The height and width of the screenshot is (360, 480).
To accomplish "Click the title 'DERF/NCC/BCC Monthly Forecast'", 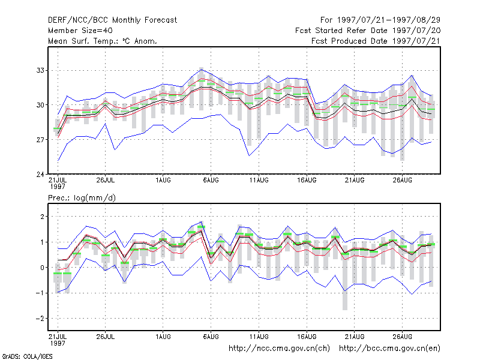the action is click(112, 20).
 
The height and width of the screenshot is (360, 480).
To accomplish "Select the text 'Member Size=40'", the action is click(80, 31).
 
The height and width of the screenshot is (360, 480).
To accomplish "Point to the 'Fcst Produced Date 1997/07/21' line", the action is click(376, 41).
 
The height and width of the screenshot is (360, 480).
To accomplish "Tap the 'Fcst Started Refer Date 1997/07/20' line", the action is click(368, 31).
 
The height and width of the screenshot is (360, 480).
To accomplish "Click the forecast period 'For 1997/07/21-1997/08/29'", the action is click(380, 20).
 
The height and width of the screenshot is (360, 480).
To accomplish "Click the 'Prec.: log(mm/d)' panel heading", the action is click(82, 198).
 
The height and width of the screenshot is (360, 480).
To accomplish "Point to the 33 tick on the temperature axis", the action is click(40, 70).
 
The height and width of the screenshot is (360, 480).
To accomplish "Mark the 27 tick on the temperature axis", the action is click(40, 140).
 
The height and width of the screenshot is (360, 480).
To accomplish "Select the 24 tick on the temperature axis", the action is click(40, 175).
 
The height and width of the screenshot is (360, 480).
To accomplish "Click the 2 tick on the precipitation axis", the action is click(42, 217).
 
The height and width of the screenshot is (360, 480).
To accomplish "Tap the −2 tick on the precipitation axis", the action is click(40, 319).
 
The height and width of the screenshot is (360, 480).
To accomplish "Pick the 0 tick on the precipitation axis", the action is click(42, 268).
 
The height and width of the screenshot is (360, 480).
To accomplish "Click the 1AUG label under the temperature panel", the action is click(163, 180).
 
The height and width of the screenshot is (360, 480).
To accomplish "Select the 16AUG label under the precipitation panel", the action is click(307, 337).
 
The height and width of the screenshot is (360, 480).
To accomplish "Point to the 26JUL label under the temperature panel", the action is click(106, 180).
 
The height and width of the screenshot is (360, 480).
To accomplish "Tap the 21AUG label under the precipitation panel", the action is click(355, 337).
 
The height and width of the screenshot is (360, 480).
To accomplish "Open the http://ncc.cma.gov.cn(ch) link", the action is click(279, 349).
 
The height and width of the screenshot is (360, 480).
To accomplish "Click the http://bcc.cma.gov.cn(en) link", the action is click(389, 349).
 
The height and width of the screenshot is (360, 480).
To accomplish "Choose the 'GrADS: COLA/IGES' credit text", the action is click(27, 356).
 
